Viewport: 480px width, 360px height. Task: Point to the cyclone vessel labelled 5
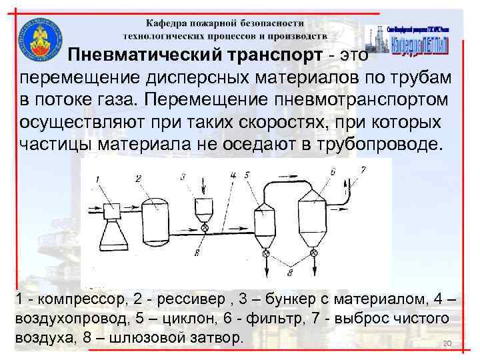tap(265, 223)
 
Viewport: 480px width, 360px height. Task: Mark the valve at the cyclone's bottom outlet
tap(266, 254)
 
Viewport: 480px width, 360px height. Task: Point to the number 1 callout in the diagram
tap(97, 178)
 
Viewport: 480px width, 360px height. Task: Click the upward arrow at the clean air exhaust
tap(346, 183)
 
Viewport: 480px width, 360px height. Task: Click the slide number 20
tap(447, 343)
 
